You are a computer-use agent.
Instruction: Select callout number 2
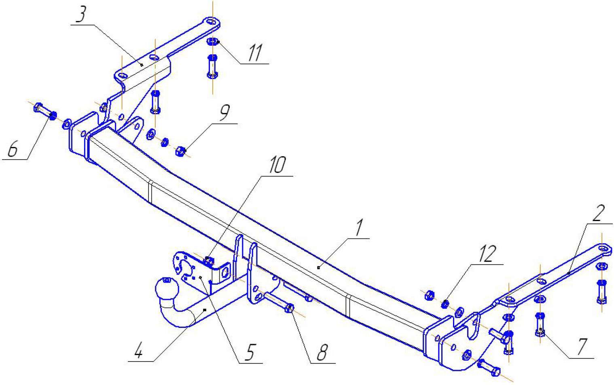point(598,213)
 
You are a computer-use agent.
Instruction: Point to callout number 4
point(139,351)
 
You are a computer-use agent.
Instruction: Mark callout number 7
point(582,347)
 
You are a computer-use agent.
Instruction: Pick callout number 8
point(323,352)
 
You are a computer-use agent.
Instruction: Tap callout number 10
point(277,165)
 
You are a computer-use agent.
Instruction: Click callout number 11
point(255,53)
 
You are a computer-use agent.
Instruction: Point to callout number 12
point(488,254)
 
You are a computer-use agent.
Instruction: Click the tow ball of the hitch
point(167,288)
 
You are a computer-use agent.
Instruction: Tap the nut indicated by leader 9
point(181,151)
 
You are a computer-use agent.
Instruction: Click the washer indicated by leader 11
point(212,42)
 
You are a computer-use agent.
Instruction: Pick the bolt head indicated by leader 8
point(290,308)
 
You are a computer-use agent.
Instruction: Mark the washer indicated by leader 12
point(445,304)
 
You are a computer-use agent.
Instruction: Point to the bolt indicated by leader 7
point(540,324)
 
